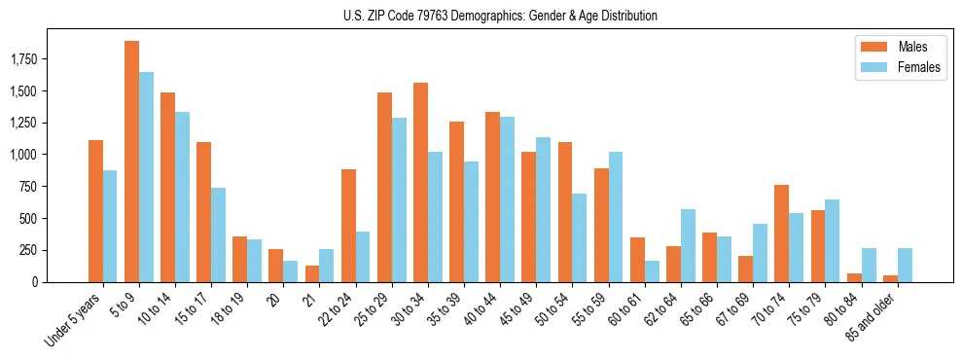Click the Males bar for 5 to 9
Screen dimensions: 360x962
click(131, 162)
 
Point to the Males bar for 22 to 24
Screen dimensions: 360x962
click(348, 226)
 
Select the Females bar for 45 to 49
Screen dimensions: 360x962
click(543, 209)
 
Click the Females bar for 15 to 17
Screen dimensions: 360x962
click(218, 234)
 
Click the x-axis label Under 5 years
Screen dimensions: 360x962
click(72, 322)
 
